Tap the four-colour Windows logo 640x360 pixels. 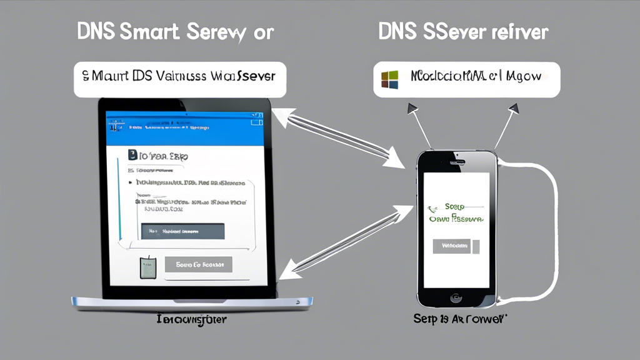point(389,79)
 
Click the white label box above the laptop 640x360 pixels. point(179,79)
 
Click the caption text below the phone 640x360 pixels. point(460,319)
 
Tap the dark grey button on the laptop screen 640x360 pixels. point(182,231)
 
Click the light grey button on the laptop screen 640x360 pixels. point(198,264)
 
